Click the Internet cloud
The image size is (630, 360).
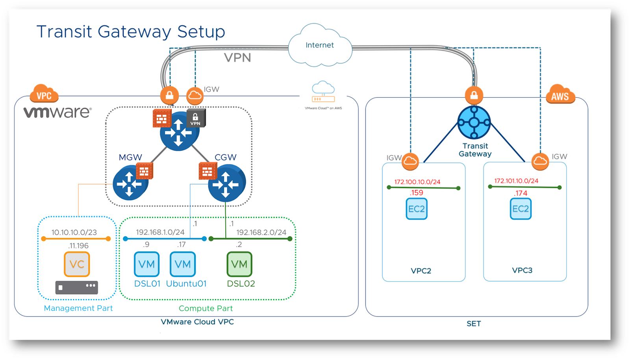(320, 45)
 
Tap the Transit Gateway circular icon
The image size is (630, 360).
(474, 122)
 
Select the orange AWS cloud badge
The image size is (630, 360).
(560, 95)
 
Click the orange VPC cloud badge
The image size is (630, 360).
(44, 94)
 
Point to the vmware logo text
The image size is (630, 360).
(57, 112)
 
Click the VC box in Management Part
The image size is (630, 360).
(77, 264)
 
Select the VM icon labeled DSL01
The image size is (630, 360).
(146, 264)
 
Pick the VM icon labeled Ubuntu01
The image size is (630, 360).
(183, 264)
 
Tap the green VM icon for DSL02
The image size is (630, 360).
(239, 264)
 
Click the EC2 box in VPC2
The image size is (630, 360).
(417, 209)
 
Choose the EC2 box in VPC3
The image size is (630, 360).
(521, 209)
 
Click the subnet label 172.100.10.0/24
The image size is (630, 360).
(417, 182)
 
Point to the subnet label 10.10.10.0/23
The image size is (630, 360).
(74, 232)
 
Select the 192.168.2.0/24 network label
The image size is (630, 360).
(261, 232)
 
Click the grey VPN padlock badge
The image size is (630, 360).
(196, 118)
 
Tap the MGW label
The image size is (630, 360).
(130, 157)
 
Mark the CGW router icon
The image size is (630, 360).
(226, 184)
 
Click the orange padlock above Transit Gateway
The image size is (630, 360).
(474, 95)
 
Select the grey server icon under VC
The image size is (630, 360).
(77, 287)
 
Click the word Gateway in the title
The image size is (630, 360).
(134, 31)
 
